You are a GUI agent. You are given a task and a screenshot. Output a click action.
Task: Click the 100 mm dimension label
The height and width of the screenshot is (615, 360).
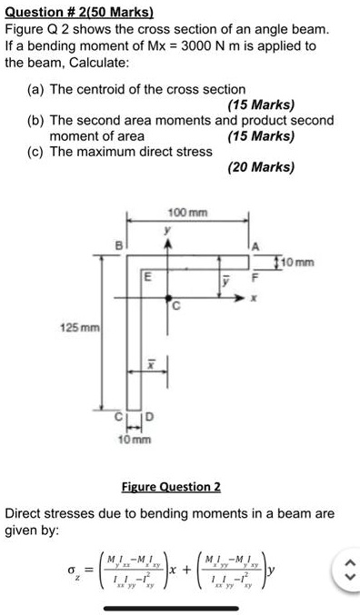pos(188,213)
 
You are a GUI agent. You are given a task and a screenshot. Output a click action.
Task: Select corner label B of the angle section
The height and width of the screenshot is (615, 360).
pos(115,244)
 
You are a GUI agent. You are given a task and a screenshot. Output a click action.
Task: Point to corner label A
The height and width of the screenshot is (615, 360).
pos(257,245)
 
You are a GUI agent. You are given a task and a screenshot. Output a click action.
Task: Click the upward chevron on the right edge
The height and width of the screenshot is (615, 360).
pos(346,564)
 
